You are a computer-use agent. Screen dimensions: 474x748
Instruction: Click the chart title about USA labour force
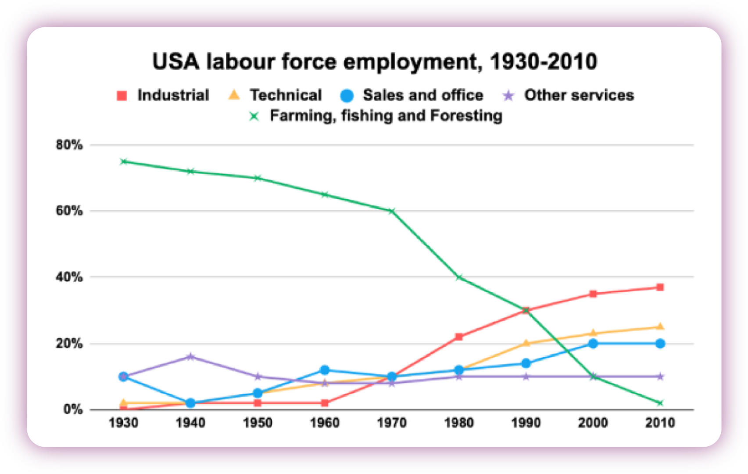374,61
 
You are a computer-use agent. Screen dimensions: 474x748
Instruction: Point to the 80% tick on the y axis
69,145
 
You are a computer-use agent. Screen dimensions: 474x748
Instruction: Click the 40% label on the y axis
69,277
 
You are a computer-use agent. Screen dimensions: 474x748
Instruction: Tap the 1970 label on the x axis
391,423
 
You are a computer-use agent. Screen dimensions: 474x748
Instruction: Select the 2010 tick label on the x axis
660,423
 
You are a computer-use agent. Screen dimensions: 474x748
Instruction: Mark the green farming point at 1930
124,162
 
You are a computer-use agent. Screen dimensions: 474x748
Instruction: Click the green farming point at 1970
392,211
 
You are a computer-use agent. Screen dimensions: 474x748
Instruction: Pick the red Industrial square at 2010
660,287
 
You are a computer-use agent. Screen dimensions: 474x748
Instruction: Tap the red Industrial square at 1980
459,337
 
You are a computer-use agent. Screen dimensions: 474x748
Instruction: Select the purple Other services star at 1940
190,356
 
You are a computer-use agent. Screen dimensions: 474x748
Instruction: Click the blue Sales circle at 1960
325,370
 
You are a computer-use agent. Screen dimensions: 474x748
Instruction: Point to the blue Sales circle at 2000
593,344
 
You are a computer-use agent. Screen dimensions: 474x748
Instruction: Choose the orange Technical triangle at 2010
660,327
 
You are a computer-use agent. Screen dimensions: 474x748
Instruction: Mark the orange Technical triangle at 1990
526,343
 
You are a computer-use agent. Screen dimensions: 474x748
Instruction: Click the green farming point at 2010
660,403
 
